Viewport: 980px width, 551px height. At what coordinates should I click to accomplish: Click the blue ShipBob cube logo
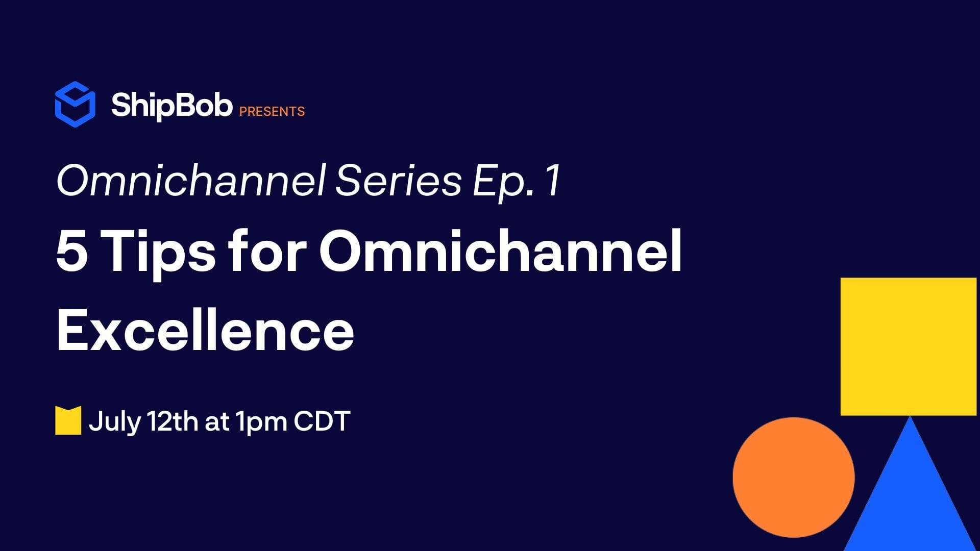click(x=75, y=104)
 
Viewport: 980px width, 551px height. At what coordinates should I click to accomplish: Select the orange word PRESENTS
click(x=272, y=111)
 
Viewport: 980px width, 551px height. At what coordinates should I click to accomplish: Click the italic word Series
click(x=399, y=181)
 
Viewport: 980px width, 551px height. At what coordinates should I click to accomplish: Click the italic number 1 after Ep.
click(x=553, y=181)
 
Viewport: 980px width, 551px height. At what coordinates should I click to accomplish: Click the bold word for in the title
click(x=267, y=250)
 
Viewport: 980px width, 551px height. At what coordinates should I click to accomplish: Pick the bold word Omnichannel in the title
click(x=501, y=251)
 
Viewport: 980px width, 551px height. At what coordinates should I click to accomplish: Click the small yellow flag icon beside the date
click(x=68, y=420)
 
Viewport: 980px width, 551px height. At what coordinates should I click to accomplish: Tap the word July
click(x=114, y=422)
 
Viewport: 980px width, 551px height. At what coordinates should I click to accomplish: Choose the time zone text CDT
click(x=322, y=421)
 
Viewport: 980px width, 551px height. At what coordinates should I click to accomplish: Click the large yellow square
click(x=909, y=346)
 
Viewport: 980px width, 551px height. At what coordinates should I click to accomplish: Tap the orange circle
click(x=794, y=477)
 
